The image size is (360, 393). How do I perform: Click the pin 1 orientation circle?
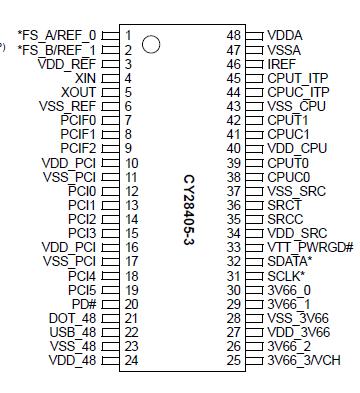coord(151,45)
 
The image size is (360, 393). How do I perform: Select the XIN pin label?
coord(85,77)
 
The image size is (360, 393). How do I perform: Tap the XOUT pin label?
coord(79,91)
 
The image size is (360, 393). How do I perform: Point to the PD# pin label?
coord(83,303)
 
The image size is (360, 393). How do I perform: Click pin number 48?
coord(235,35)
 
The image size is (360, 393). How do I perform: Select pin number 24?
coord(131,359)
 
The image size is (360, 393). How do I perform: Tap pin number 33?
coord(235,246)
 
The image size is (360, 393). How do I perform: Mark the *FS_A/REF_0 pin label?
coord(57,35)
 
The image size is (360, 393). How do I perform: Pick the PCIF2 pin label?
coord(78,147)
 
